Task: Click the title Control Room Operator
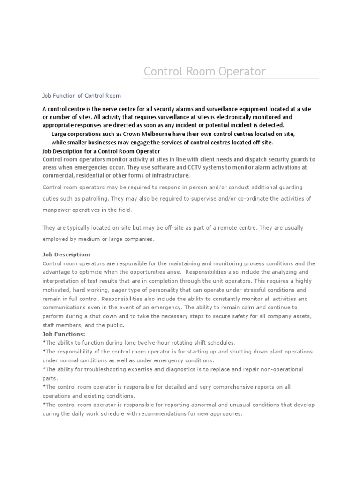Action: pos(204,72)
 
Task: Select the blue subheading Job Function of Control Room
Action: pos(82,96)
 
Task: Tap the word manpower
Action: pos(56,210)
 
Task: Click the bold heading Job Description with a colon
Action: pos(66,255)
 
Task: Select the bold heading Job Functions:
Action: pos(64,334)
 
